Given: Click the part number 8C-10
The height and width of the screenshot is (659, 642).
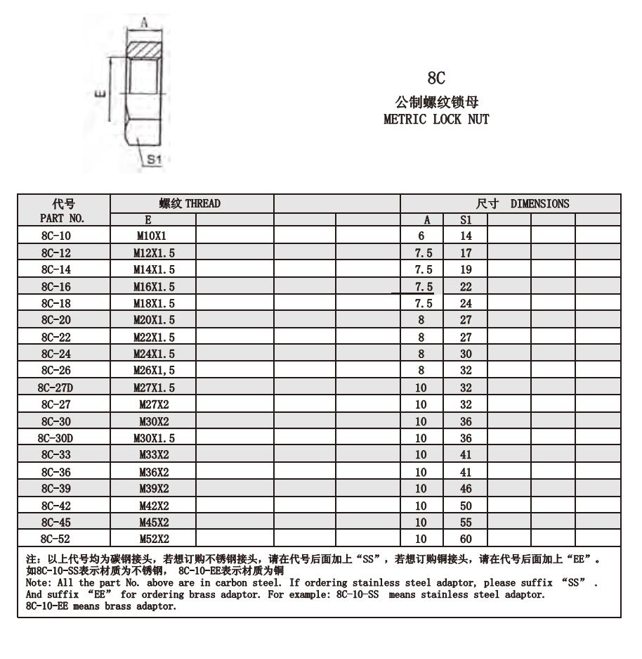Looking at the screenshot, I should click(x=56, y=236).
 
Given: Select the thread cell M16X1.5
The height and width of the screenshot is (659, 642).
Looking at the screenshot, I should click(x=154, y=287).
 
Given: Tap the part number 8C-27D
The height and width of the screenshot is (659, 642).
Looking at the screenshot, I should click(x=56, y=388).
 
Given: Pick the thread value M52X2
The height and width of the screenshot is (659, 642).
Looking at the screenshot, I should click(x=154, y=539).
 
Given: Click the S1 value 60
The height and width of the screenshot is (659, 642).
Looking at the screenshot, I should click(x=465, y=539).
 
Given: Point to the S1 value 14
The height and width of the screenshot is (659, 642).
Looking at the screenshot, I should click(x=465, y=236).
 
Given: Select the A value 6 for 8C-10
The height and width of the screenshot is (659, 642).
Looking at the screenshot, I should click(x=421, y=236).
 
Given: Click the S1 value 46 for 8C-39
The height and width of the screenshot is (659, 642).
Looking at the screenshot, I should click(x=465, y=489).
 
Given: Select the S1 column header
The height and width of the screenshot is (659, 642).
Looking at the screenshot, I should click(x=465, y=220).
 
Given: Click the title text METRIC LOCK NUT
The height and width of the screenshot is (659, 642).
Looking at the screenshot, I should click(x=435, y=119).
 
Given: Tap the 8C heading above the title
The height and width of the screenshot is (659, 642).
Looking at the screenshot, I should click(x=436, y=77).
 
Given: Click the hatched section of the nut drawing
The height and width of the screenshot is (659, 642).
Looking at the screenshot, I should click(x=145, y=51).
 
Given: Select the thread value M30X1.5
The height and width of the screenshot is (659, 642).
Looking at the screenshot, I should click(x=154, y=438).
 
